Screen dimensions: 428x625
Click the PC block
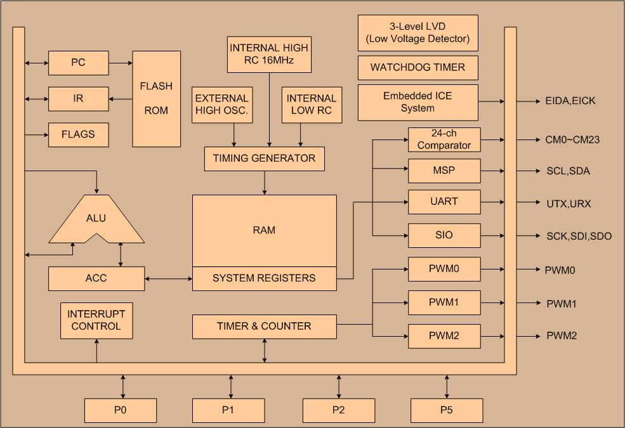click(x=79, y=63)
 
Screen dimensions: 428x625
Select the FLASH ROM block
click(x=156, y=98)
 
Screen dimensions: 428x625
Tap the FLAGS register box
click(x=79, y=134)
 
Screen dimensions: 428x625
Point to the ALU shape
click(x=96, y=219)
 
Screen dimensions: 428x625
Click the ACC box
click(x=96, y=278)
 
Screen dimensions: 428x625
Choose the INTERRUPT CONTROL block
click(x=96, y=320)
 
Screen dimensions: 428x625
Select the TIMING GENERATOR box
click(x=265, y=159)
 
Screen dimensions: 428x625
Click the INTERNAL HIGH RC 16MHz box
click(x=269, y=55)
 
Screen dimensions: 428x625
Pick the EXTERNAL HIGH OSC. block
click(x=221, y=105)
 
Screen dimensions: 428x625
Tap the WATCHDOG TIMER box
click(x=418, y=67)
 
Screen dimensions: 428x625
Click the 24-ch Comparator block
click(x=444, y=139)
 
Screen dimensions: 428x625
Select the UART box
click(x=444, y=202)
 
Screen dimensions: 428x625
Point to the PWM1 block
click(x=444, y=302)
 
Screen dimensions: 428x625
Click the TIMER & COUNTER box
click(x=264, y=327)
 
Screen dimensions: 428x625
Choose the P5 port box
click(x=447, y=410)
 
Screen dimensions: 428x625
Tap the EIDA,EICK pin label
click(x=570, y=101)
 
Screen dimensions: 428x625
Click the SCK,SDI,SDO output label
click(x=579, y=236)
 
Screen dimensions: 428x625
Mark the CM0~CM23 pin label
click(x=572, y=139)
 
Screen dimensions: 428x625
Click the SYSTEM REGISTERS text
click(x=264, y=278)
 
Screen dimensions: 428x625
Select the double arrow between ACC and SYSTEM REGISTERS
click(x=168, y=278)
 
